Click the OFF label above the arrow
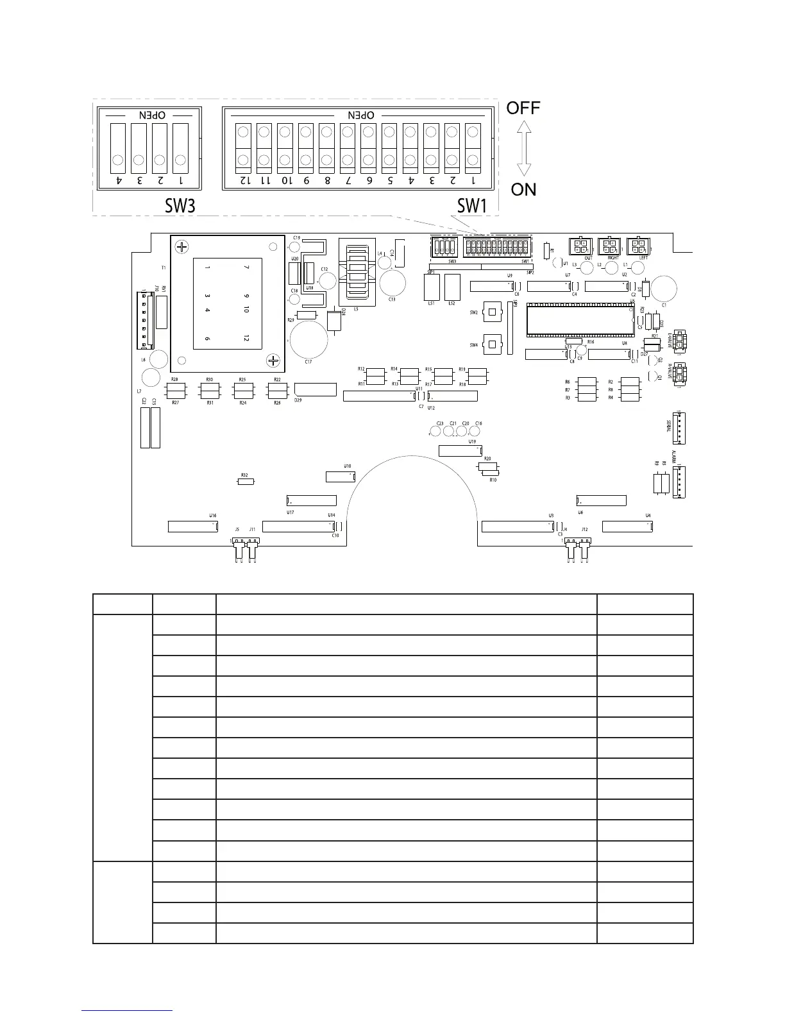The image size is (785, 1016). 523,108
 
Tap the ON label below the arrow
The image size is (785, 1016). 523,189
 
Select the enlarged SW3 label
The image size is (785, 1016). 180,205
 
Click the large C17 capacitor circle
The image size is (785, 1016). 308,339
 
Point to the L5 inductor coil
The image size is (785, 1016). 357,273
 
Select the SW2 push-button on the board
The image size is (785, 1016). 491,312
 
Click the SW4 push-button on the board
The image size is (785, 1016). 491,344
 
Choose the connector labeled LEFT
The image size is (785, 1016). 637,246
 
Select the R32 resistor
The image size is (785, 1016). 246,482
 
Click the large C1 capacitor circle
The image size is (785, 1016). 665,288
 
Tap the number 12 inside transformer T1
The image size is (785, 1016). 246,338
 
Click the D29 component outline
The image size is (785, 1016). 315,389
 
